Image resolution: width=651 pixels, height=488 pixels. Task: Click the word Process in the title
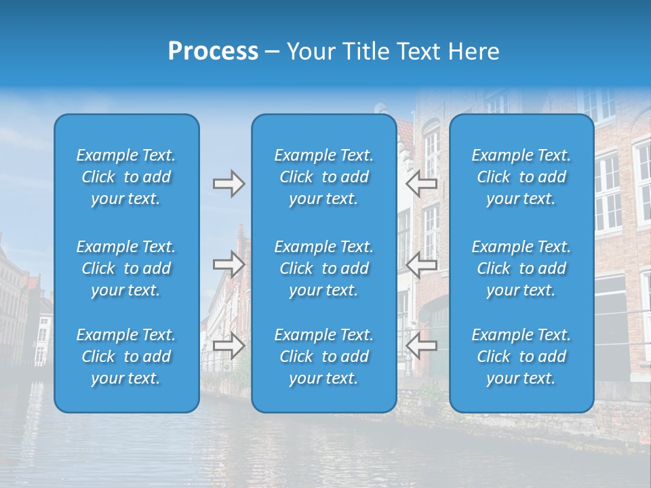pos(213,52)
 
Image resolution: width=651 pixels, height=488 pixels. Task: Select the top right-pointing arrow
pos(229,184)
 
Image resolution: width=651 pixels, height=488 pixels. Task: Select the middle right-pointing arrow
pos(229,264)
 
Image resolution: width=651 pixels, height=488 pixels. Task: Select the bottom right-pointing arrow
pos(229,346)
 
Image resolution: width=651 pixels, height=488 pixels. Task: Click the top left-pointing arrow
pos(421,183)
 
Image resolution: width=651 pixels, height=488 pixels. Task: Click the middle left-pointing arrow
pos(421,264)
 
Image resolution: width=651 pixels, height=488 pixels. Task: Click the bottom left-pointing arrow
pos(421,345)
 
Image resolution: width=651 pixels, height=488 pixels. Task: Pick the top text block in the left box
pos(126,177)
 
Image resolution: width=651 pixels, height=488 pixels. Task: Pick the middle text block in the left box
pos(126,268)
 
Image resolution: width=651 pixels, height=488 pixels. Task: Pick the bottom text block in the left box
pos(126,357)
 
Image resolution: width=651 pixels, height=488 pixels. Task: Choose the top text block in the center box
pos(324,177)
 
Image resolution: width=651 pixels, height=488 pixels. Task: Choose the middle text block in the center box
pos(324,268)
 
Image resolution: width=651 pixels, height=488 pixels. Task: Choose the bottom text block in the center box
pos(324,357)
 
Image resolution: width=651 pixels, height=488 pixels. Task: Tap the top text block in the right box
pos(521,177)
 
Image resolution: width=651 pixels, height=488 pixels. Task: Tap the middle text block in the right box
pos(521,268)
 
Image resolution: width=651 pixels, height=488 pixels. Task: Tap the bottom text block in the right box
pos(521,357)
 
